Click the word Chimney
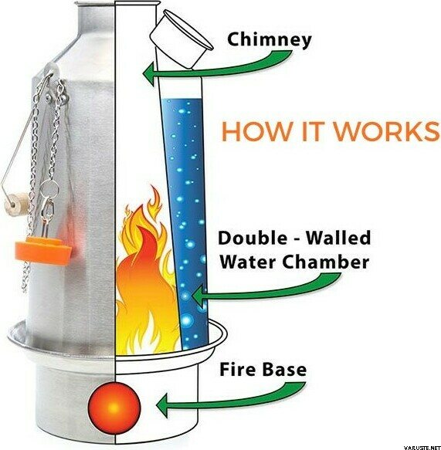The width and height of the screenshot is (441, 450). click(269, 39)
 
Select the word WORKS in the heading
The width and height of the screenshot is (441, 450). click(389, 131)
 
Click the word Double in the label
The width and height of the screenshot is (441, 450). click(253, 238)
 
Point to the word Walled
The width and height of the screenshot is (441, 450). click(338, 238)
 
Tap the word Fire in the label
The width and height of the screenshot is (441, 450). click(238, 369)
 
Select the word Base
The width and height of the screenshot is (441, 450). click(283, 369)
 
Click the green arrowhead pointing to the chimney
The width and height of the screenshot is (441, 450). click(148, 74)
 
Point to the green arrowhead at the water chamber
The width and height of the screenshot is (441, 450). click(198, 296)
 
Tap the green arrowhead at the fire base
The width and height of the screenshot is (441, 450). click(162, 405)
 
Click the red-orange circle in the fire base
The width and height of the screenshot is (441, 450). click(114, 408)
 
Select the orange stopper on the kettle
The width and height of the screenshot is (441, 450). click(44, 249)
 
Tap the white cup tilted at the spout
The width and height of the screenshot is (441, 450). click(181, 39)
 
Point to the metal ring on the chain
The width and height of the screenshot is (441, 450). click(49, 189)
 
